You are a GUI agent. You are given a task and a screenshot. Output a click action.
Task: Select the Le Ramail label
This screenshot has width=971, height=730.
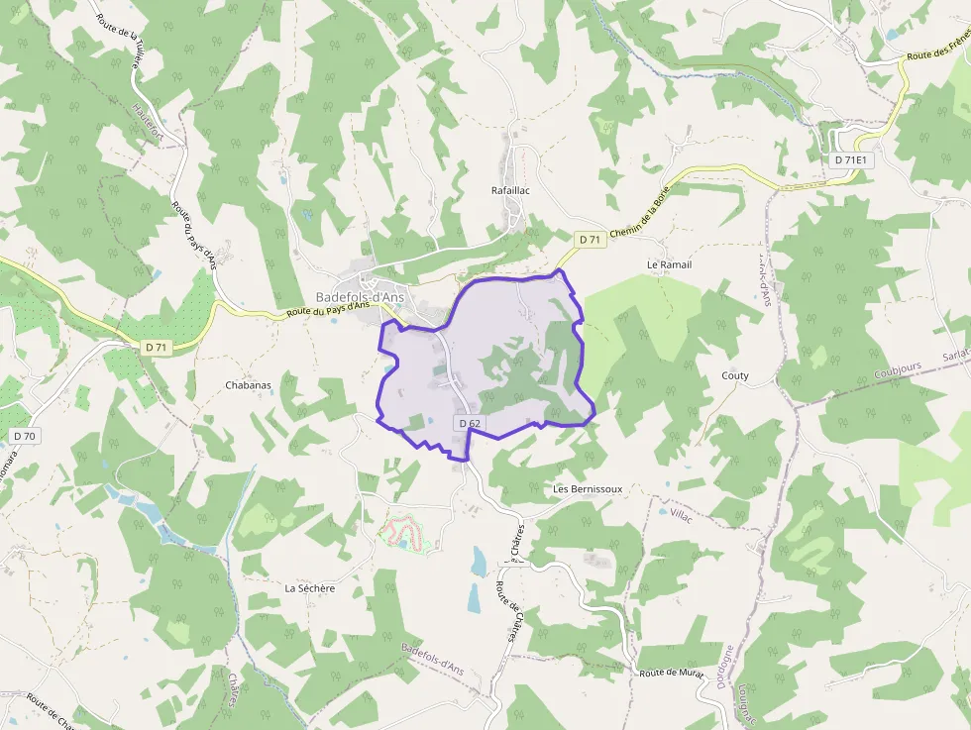pos(669,265)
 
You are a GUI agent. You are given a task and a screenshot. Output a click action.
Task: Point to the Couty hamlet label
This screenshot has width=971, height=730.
pos(735,375)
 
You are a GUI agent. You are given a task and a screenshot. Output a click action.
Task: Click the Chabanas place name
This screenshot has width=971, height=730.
pos(248,385)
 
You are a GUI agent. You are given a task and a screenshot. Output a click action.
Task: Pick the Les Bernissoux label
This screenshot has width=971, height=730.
pos(588,489)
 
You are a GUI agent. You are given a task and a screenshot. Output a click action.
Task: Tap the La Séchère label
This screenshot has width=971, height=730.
pos(310,587)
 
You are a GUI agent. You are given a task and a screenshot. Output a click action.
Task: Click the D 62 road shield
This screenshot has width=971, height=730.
pos(470,424)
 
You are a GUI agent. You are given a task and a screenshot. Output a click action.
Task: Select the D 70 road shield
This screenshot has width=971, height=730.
pos(25,436)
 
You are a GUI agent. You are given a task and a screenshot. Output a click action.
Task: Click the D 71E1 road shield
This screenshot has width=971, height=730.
pos(850,159)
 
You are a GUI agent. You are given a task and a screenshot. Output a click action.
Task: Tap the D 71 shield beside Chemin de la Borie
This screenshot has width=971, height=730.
pos(590,239)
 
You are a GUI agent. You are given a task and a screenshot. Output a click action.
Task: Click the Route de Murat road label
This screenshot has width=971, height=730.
pos(672,674)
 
